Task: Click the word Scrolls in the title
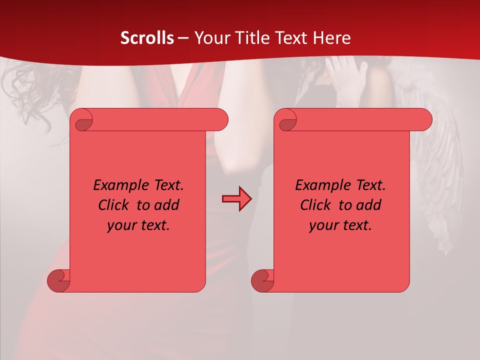(x=147, y=38)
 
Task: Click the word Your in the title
(x=209, y=38)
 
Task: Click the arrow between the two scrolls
(x=236, y=199)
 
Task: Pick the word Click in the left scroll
(x=115, y=205)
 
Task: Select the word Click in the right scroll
(x=317, y=205)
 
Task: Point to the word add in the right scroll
(x=369, y=205)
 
